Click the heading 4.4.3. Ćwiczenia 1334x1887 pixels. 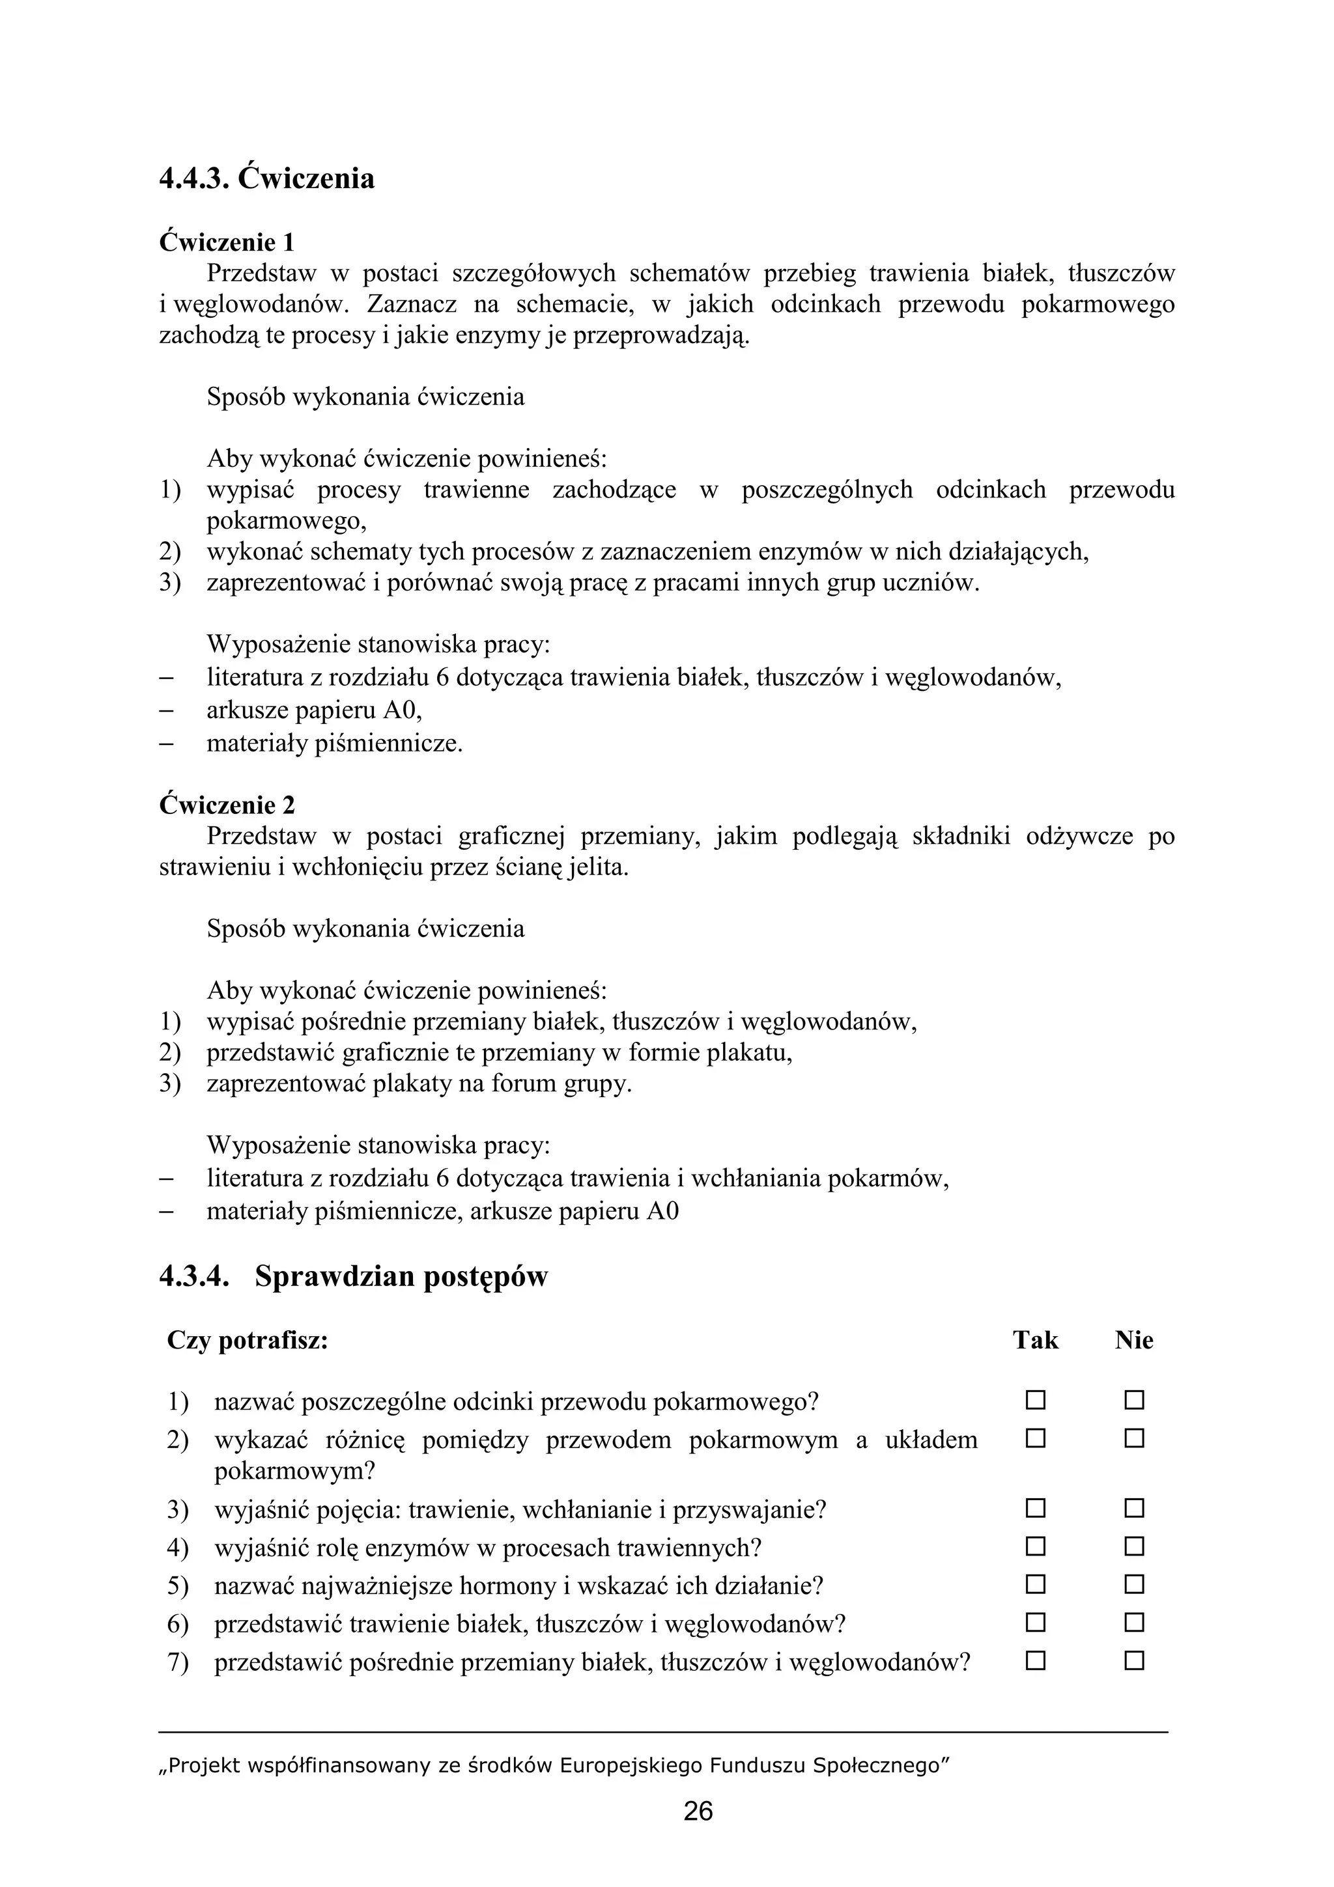coord(266,178)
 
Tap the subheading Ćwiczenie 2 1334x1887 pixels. coord(226,804)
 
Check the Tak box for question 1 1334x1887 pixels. coord(1035,1400)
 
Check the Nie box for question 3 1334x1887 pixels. coord(1134,1508)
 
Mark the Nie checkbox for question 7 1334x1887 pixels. coord(1134,1661)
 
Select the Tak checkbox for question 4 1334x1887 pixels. coord(1035,1546)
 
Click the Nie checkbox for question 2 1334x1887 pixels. coord(1134,1438)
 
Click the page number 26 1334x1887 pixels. coord(698,1811)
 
